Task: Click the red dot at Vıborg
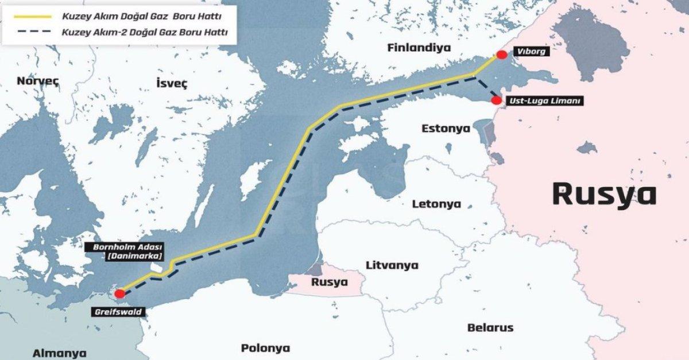pyautogui.click(x=502, y=55)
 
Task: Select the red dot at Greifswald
pyautogui.click(x=120, y=293)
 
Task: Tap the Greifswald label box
pyautogui.click(x=117, y=312)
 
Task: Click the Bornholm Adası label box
pyautogui.click(x=123, y=251)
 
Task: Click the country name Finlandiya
pyautogui.click(x=419, y=47)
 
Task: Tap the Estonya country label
pyautogui.click(x=446, y=127)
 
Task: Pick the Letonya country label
pyautogui.click(x=436, y=204)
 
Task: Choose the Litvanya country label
pyautogui.click(x=392, y=265)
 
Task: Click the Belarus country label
pyautogui.click(x=490, y=328)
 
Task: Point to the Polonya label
pyautogui.click(x=265, y=348)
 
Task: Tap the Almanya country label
pyautogui.click(x=59, y=353)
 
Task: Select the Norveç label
pyautogui.click(x=38, y=80)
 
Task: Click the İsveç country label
pyautogui.click(x=172, y=83)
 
